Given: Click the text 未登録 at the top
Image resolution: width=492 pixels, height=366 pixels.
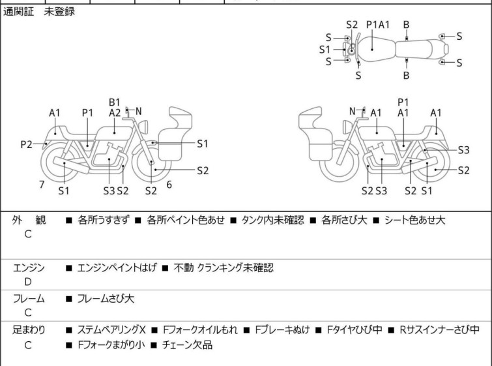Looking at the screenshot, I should click(x=59, y=12).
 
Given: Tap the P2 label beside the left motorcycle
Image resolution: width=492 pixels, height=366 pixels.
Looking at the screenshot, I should click(x=26, y=144).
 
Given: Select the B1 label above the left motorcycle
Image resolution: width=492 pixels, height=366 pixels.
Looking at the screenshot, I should click(x=115, y=102).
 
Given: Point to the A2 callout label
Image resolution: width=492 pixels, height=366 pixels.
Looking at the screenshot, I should click(x=115, y=113).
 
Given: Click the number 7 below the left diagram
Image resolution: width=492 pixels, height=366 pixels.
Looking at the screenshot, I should click(x=42, y=185).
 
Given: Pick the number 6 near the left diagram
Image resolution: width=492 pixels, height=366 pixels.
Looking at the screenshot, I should click(x=169, y=185).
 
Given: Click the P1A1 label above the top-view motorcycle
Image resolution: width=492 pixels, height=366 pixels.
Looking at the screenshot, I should click(x=378, y=24).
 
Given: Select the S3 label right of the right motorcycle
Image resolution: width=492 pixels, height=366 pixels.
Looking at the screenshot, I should click(x=463, y=149).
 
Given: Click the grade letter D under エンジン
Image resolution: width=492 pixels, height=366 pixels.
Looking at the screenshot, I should click(x=28, y=282).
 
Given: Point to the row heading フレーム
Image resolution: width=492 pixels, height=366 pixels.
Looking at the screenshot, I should click(x=29, y=299).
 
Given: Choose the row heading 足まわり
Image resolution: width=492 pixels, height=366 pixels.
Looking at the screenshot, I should click(x=29, y=330).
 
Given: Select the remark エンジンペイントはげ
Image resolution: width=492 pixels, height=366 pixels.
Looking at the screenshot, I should click(x=117, y=267).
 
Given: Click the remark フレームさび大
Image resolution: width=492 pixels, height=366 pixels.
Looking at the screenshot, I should click(x=106, y=299).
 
